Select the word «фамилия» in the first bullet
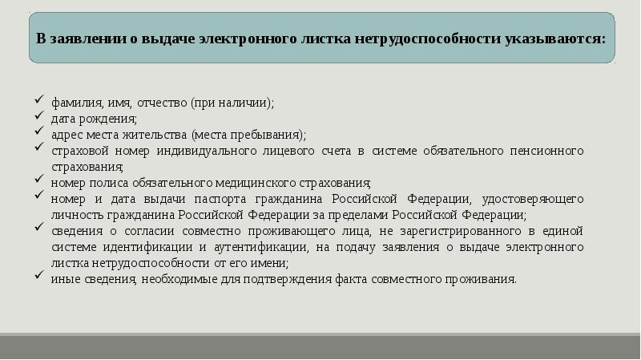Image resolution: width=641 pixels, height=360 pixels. pyautogui.click(x=71, y=103)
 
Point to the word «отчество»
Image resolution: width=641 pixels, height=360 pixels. pyautogui.click(x=163, y=103)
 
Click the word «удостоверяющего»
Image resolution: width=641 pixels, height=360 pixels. pyautogui.click(x=534, y=199)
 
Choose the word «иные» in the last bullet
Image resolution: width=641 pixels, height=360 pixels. pyautogui.click(x=62, y=279)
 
